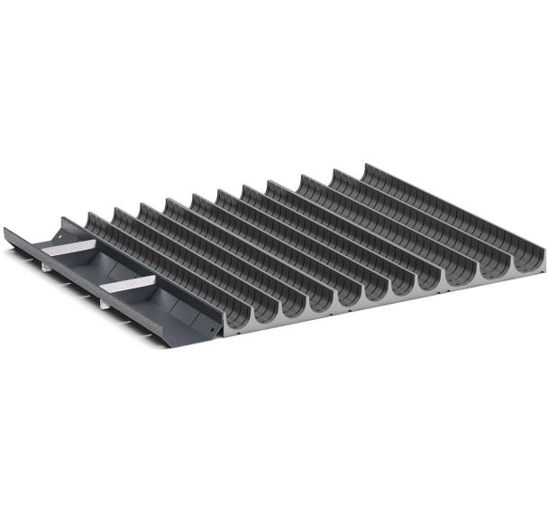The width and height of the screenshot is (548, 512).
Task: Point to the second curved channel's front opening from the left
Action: tap(268, 312)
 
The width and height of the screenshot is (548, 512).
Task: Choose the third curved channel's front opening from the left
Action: tap(294, 306)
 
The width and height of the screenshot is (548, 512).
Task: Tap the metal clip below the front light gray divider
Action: tap(105, 302)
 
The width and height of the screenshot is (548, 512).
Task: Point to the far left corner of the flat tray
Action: tap(6, 230)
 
